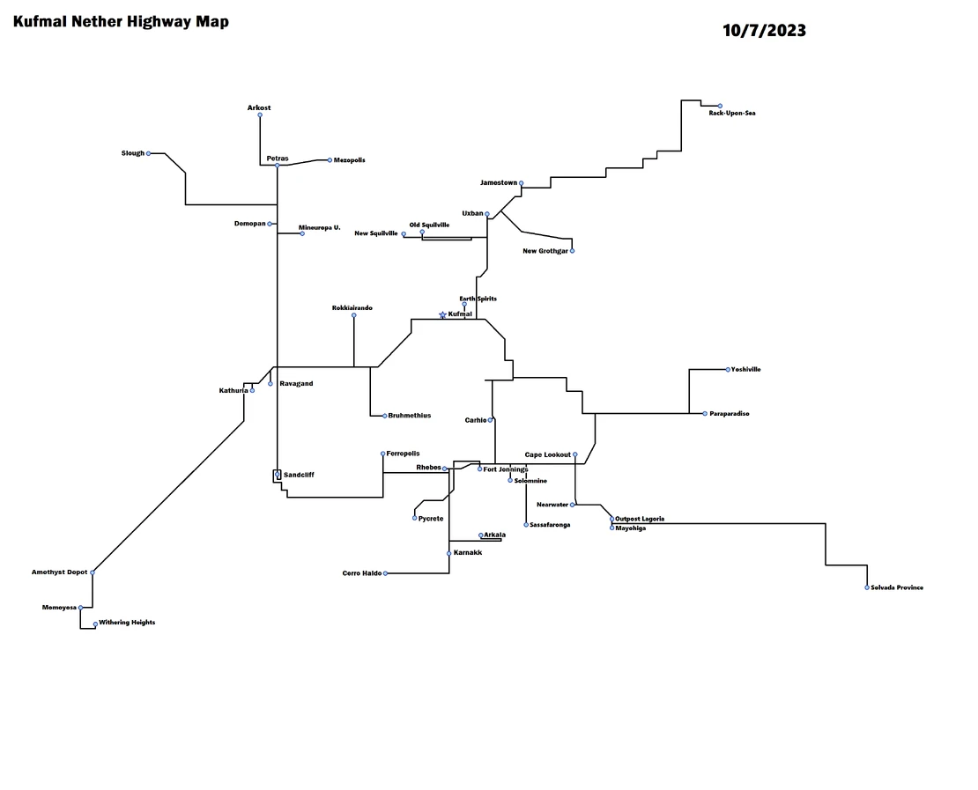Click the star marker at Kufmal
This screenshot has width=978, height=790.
click(442, 314)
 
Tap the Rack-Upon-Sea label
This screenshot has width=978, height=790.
click(732, 114)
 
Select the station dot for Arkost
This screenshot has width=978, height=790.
click(260, 114)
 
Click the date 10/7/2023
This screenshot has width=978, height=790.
click(764, 31)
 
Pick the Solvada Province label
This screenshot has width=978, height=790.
click(897, 587)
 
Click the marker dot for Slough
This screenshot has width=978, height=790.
click(148, 153)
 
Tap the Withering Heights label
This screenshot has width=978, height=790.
click(127, 623)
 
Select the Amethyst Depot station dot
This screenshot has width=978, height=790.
click(93, 572)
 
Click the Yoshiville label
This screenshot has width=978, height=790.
click(746, 370)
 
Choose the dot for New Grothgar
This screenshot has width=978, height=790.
click(572, 251)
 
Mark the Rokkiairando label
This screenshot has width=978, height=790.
click(352, 307)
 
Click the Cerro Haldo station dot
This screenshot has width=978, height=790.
click(385, 573)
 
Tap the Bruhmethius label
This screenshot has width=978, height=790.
click(410, 416)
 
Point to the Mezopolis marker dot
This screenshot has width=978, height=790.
click(330, 160)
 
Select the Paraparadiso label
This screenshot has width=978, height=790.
click(730, 414)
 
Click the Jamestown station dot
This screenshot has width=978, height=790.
click(521, 183)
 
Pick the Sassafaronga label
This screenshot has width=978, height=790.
click(550, 525)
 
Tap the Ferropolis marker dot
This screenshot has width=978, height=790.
click(382, 454)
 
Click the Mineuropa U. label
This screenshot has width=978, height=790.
click(319, 227)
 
